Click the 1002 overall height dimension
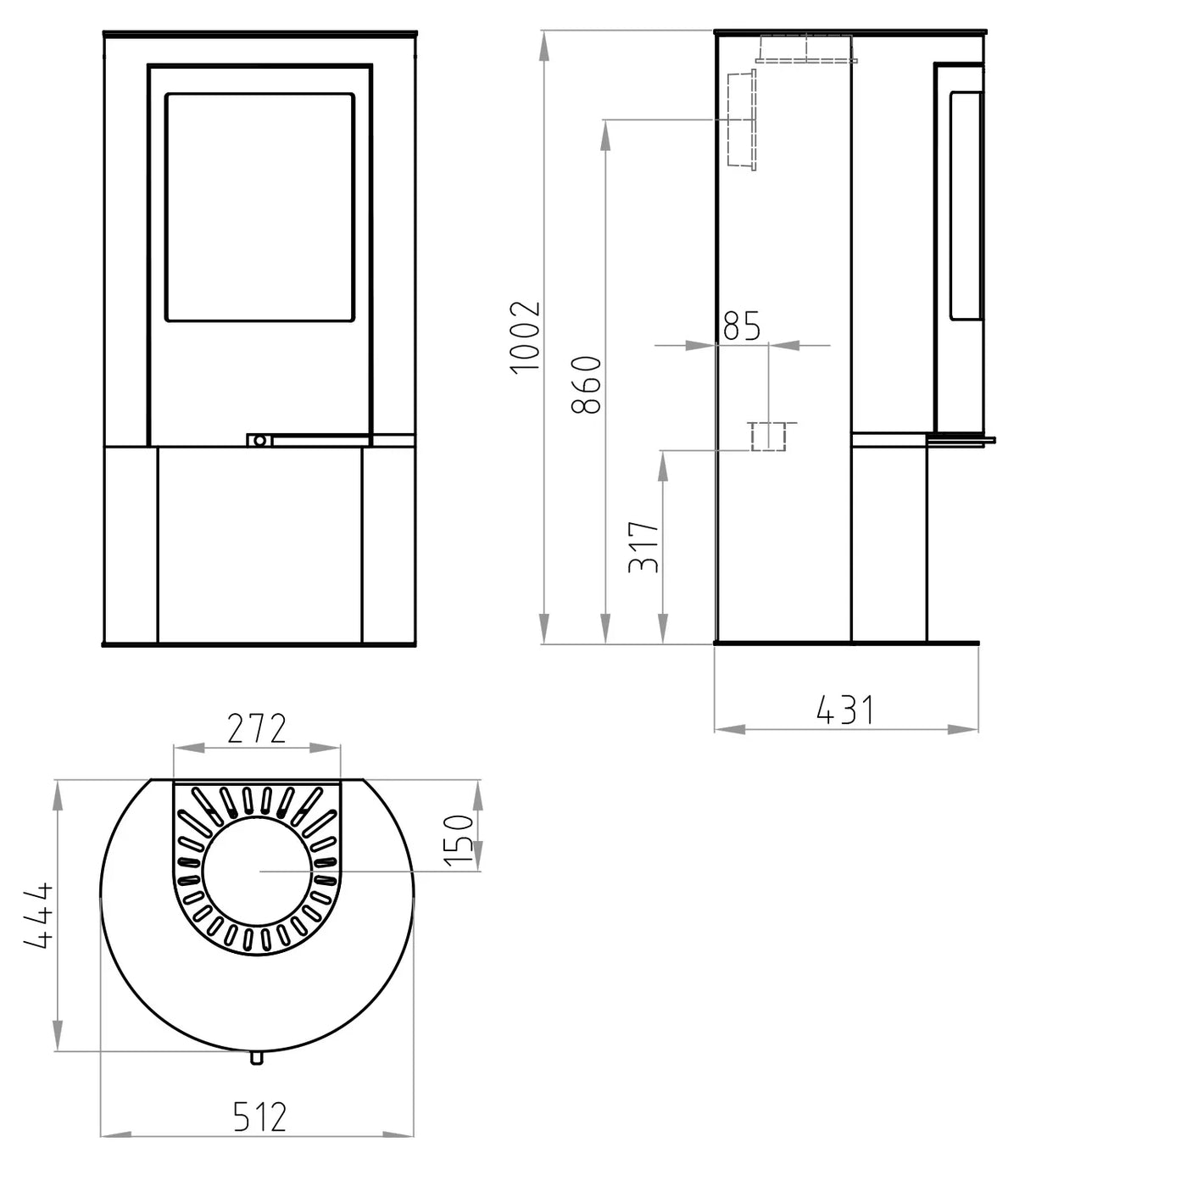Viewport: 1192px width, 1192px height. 525,336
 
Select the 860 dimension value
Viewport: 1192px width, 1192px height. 587,385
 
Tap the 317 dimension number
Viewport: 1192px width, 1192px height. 644,547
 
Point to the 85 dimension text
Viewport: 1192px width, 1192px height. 742,326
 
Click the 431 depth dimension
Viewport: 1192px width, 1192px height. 844,710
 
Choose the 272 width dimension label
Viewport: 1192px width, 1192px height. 257,728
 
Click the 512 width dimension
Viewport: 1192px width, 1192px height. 259,1117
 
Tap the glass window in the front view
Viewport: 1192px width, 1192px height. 259,208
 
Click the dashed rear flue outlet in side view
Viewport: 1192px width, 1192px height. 740,120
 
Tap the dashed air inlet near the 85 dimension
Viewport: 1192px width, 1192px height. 768,436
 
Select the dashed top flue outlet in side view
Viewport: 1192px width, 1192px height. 805,49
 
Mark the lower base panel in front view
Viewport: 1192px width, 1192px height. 259,544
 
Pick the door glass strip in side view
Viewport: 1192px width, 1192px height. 965,206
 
